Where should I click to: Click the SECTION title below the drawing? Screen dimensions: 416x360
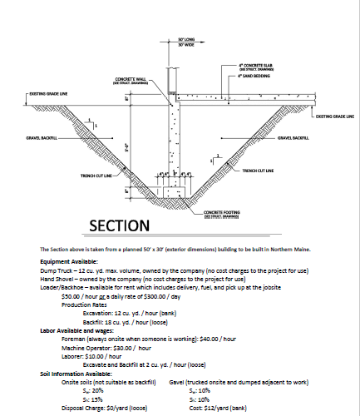[x=120, y=226]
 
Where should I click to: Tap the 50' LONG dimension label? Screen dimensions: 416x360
[x=185, y=39]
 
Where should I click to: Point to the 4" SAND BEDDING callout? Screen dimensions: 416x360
[x=254, y=75]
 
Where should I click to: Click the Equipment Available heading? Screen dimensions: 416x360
[x=68, y=260]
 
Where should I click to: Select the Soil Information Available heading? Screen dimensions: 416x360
[x=76, y=374]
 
